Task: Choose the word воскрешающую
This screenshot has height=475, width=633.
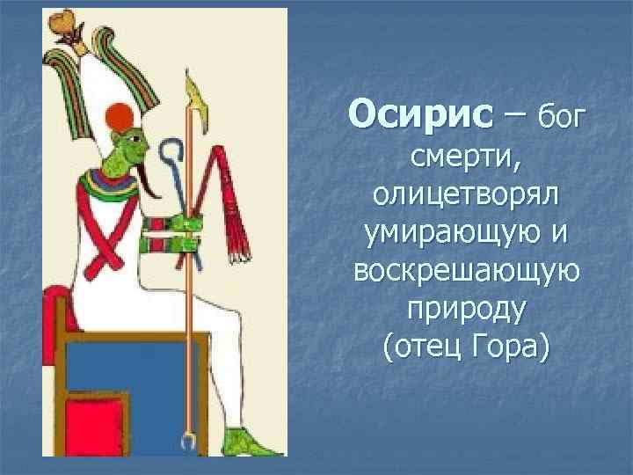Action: click(x=465, y=274)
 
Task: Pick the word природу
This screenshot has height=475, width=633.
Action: click(x=465, y=311)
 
